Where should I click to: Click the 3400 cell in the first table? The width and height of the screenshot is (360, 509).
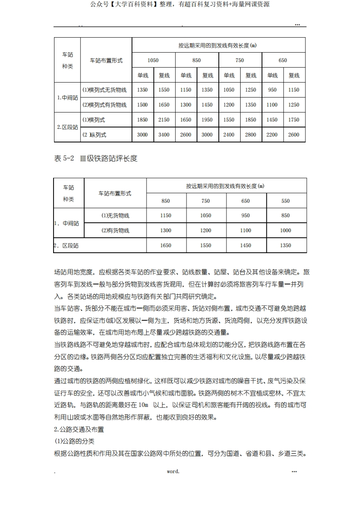tap(164, 135)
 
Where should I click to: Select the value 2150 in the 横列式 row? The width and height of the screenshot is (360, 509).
tap(164, 120)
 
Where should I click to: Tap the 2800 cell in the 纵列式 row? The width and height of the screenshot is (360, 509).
tap(251, 135)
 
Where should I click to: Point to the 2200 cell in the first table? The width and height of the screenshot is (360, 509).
tap(272, 135)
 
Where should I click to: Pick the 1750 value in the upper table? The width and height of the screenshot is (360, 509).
tap(294, 120)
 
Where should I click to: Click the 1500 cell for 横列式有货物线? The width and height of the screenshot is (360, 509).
tap(142, 105)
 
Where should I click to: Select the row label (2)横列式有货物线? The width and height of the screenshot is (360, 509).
tap(104, 105)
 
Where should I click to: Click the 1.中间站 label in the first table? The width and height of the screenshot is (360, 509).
tap(67, 97)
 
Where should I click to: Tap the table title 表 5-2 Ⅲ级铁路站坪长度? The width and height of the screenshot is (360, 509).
tap(95, 158)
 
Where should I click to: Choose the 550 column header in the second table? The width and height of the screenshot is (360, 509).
tap(286, 201)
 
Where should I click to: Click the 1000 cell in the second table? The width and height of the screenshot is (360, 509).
tap(286, 230)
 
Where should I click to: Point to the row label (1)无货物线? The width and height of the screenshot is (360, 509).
tap(115, 215)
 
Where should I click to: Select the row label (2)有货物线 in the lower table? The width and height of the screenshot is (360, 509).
tap(115, 230)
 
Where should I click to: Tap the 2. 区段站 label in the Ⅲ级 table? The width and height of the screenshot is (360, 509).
tap(66, 245)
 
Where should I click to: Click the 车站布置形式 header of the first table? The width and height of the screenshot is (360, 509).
tap(106, 60)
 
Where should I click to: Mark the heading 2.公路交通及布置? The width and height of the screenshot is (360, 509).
tap(79, 429)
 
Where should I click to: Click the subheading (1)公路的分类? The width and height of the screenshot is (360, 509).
tap(74, 441)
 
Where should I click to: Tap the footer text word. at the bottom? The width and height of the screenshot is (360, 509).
tap(173, 471)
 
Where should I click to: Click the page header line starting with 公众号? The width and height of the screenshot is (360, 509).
tap(180, 5)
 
